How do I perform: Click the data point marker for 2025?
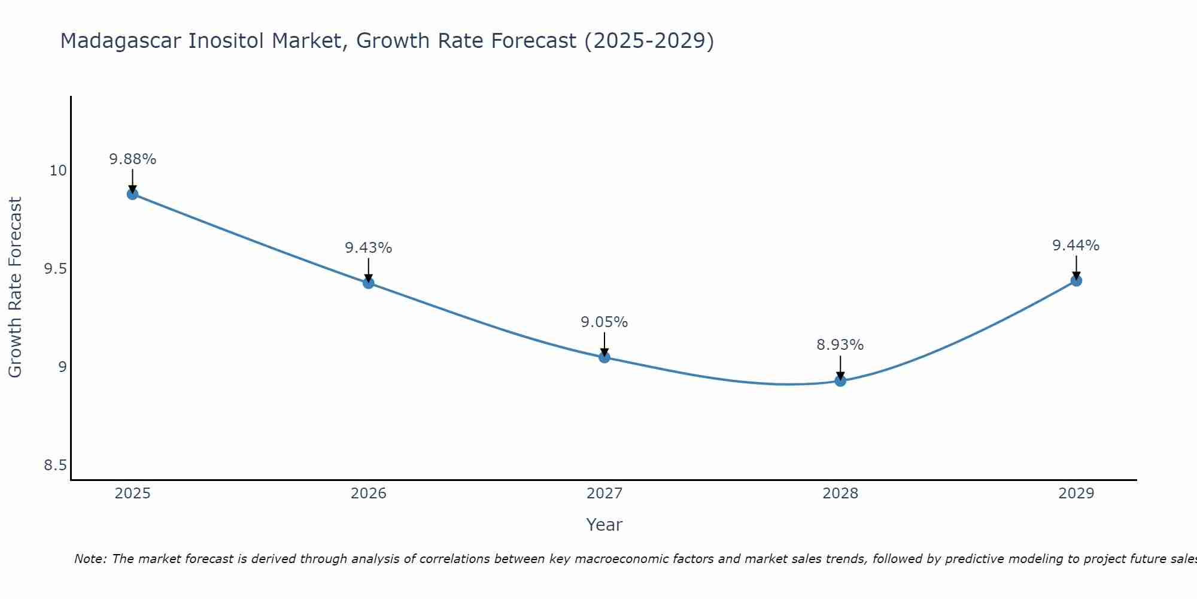pyautogui.click(x=132, y=194)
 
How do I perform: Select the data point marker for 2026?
pyautogui.click(x=369, y=283)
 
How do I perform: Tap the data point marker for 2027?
pyautogui.click(x=604, y=358)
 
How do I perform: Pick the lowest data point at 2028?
pyautogui.click(x=840, y=381)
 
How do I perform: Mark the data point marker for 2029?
pyautogui.click(x=1076, y=280)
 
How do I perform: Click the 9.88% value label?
pyautogui.click(x=132, y=159)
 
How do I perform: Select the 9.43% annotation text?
pyautogui.click(x=369, y=248)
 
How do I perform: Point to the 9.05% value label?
pyautogui.click(x=604, y=322)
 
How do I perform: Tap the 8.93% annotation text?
pyautogui.click(x=840, y=345)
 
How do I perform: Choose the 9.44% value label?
pyautogui.click(x=1076, y=246)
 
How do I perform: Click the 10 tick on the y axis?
pyautogui.click(x=58, y=171)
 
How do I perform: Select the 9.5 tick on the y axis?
pyautogui.click(x=55, y=269)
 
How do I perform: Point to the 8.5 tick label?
pyautogui.click(x=55, y=465)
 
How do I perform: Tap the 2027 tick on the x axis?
pyautogui.click(x=604, y=494)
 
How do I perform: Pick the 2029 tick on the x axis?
pyautogui.click(x=1076, y=494)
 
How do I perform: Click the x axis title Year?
pyautogui.click(x=604, y=525)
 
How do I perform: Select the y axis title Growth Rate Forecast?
pyautogui.click(x=15, y=288)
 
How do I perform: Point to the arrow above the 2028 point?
pyautogui.click(x=840, y=367)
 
